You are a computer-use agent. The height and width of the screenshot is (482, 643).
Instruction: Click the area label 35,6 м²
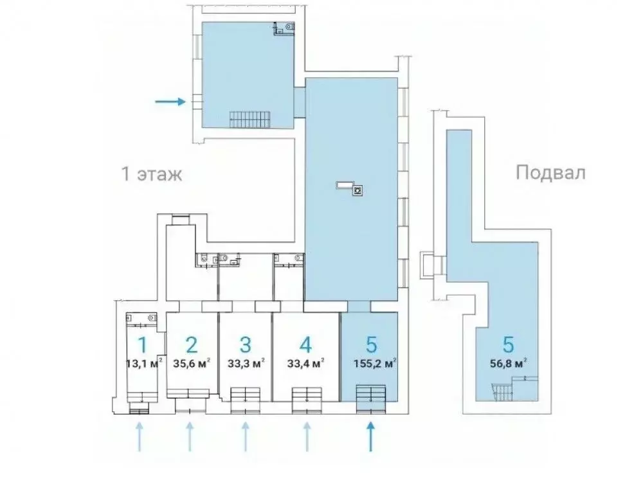point(191,364)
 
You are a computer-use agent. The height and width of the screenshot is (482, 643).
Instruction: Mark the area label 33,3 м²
point(245,364)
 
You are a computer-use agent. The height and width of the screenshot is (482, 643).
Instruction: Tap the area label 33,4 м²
point(305,364)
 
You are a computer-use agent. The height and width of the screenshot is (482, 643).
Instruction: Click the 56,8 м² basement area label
point(508,364)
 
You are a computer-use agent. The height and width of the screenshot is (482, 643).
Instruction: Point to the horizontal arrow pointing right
point(170,101)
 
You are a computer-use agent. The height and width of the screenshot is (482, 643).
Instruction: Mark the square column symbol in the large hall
point(358,190)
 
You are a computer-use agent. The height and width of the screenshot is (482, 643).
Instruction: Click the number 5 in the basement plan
point(508,344)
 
